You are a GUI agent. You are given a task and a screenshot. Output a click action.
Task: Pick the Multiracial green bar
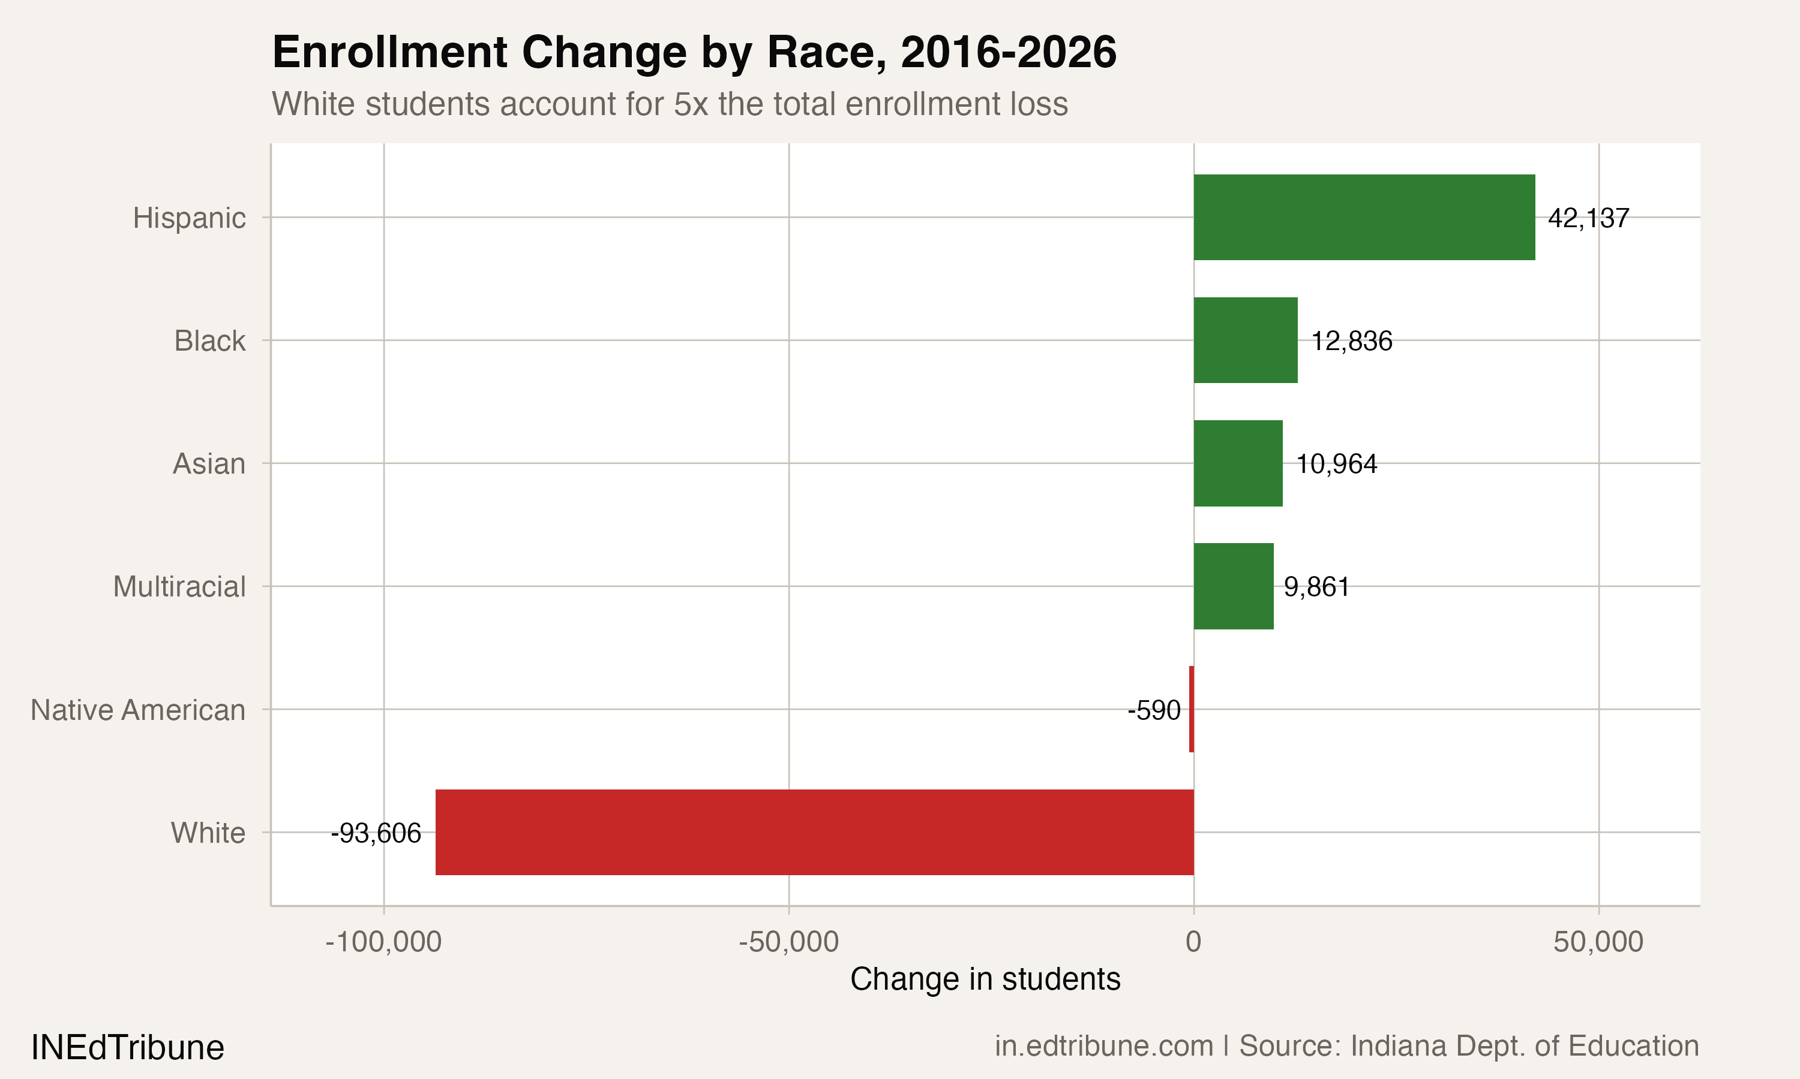point(1232,586)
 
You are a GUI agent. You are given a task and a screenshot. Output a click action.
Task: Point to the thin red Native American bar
point(1191,709)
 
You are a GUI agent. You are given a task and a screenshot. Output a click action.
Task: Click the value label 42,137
point(1588,218)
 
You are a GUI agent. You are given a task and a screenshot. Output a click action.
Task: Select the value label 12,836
point(1351,341)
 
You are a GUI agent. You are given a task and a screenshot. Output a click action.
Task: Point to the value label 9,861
point(1316,587)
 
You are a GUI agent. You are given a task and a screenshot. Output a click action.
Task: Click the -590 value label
point(1153,710)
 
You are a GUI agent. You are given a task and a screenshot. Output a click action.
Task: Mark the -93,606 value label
point(376,833)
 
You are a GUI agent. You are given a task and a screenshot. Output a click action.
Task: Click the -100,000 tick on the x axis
point(383,942)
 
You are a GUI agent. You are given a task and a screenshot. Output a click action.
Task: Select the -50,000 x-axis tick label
point(788,942)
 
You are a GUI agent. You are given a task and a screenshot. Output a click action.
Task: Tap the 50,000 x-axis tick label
point(1598,942)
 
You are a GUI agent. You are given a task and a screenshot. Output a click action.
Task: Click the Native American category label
point(137,710)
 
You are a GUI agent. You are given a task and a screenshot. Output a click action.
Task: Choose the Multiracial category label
point(179,587)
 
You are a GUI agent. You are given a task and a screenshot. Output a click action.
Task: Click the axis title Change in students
point(985,979)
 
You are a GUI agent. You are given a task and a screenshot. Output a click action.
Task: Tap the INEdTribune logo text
point(127,1048)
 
